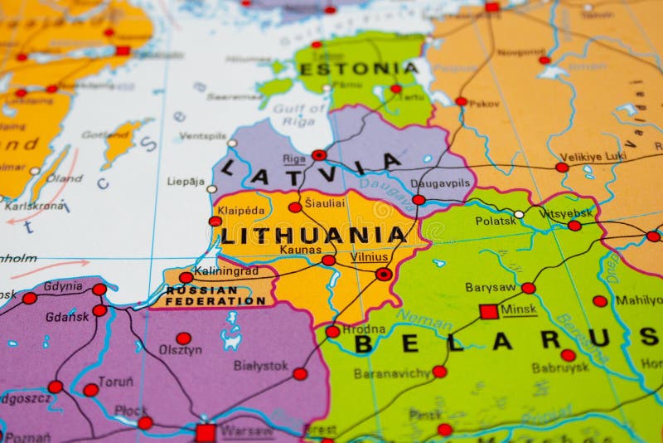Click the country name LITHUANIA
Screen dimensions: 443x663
[x=313, y=235]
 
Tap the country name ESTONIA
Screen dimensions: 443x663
[x=358, y=68]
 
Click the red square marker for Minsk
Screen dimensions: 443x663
[x=488, y=311]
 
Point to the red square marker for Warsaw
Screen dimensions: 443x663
[x=206, y=432]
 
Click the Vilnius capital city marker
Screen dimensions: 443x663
[x=384, y=274]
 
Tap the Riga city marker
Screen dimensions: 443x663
[x=319, y=155]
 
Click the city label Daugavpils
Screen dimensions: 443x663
[x=440, y=182]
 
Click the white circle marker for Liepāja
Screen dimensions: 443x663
[x=212, y=189]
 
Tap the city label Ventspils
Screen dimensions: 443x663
[x=202, y=136]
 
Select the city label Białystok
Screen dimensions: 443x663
[x=260, y=365]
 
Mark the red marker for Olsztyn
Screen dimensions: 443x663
[x=183, y=338]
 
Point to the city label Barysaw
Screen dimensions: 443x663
[x=490, y=287]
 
